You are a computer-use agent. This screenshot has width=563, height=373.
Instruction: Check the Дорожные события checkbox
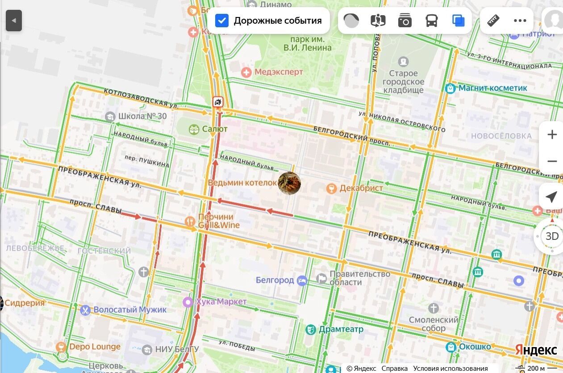click(x=222, y=21)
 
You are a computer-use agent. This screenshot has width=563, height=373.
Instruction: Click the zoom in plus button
click(x=552, y=134)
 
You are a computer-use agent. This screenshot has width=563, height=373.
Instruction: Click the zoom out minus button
click(x=552, y=161)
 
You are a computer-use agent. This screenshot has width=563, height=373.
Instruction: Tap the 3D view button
click(x=552, y=236)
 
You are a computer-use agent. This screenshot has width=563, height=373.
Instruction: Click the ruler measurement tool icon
click(x=493, y=21)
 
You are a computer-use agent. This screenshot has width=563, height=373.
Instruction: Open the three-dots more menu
click(x=520, y=21)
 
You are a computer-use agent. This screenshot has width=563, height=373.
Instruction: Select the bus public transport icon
click(x=431, y=21)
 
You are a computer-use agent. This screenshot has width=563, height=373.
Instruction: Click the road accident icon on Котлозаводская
click(x=218, y=102)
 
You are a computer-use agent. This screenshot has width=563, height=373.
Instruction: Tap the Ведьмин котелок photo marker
click(x=289, y=183)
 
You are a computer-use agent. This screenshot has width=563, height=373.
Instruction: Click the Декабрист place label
click(x=361, y=188)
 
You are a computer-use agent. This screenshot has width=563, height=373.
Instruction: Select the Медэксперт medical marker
click(x=246, y=72)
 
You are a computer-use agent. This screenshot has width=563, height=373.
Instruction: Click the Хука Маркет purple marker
click(x=188, y=302)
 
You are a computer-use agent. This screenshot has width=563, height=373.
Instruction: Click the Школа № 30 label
click(x=142, y=117)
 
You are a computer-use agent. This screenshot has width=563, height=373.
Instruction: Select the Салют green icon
click(x=194, y=129)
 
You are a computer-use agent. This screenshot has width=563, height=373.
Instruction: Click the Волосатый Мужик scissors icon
click(x=85, y=310)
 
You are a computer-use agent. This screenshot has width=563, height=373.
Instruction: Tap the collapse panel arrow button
click(x=14, y=21)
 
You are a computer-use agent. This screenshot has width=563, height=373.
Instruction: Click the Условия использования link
click(x=450, y=369)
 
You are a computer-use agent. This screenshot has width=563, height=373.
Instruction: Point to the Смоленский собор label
click(x=434, y=324)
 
